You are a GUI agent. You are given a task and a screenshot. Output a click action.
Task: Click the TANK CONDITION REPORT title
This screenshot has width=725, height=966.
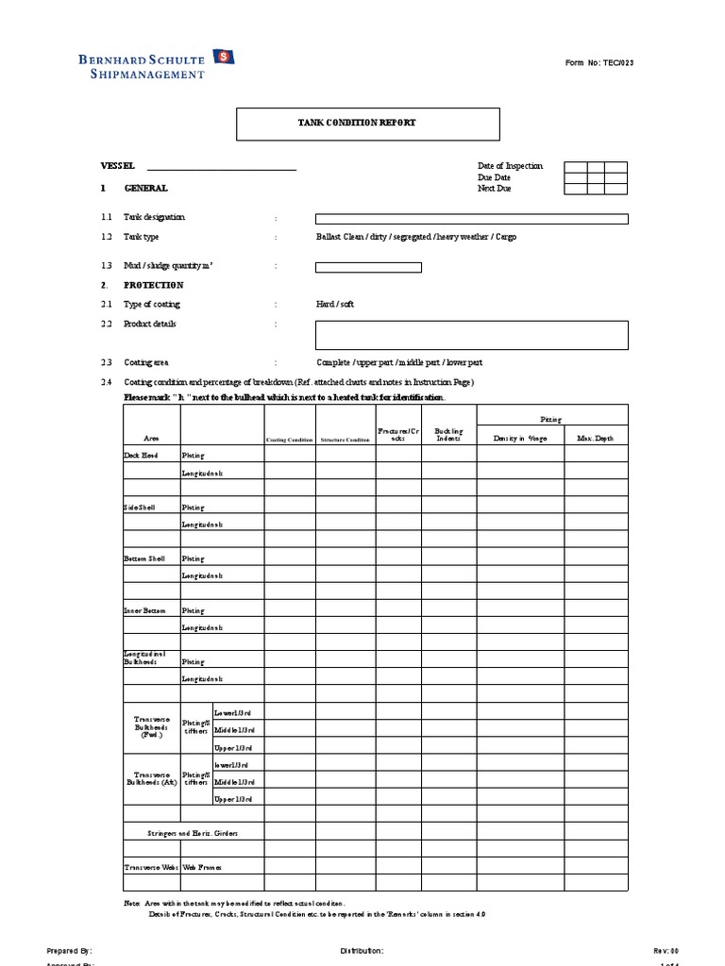367,124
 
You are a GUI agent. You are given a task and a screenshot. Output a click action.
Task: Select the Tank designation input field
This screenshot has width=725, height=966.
471,219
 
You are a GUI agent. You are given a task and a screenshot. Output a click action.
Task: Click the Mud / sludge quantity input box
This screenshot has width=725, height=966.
368,267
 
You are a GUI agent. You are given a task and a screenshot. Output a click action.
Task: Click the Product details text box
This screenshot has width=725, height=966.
471,335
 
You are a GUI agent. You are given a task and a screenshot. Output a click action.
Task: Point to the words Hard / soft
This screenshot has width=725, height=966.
336,305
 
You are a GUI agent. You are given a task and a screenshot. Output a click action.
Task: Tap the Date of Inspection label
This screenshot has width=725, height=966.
511,166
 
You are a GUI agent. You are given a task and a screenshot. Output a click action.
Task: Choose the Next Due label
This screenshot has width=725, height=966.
495,189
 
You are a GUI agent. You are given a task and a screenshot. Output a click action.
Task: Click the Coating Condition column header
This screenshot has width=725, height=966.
289,440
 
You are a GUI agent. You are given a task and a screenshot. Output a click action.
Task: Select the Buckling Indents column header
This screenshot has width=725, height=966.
448,435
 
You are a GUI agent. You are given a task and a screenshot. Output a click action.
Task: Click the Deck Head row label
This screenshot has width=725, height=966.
141,456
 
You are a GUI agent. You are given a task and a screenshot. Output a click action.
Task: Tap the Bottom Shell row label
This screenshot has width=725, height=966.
144,558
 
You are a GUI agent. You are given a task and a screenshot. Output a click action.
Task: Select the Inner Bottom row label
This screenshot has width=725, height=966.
144,610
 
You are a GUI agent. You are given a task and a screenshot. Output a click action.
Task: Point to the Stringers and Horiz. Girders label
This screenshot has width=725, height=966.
194,833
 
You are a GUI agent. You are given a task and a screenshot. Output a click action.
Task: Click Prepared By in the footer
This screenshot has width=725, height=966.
69,951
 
